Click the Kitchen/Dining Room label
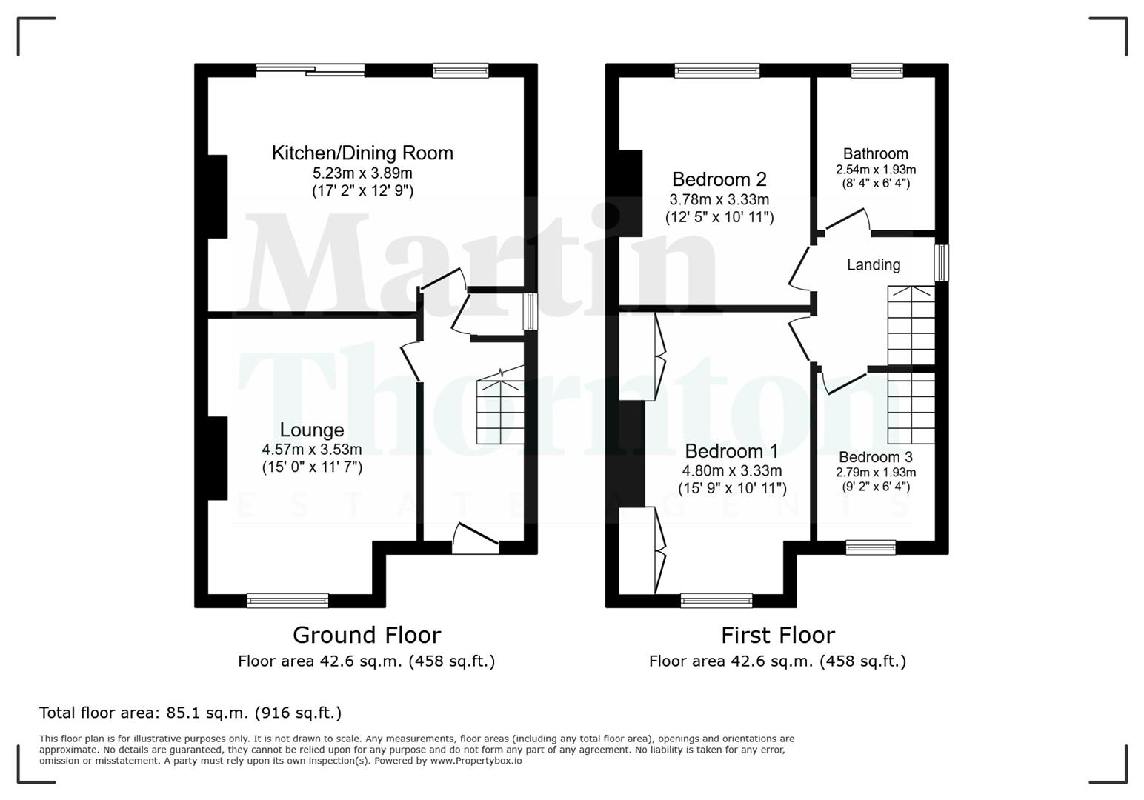362,153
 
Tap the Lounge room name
312,430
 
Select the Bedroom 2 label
719,179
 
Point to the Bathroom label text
875,154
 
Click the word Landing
874,265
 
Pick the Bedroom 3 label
876,457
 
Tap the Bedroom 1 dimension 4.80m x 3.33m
732,471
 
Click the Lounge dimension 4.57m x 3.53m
312,450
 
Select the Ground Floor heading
367,636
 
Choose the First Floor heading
778,636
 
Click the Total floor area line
190,713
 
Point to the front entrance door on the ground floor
475,539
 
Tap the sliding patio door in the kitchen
310,70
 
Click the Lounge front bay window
287,601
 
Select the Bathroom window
877,71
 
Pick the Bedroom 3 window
871,548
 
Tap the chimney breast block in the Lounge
217,459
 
